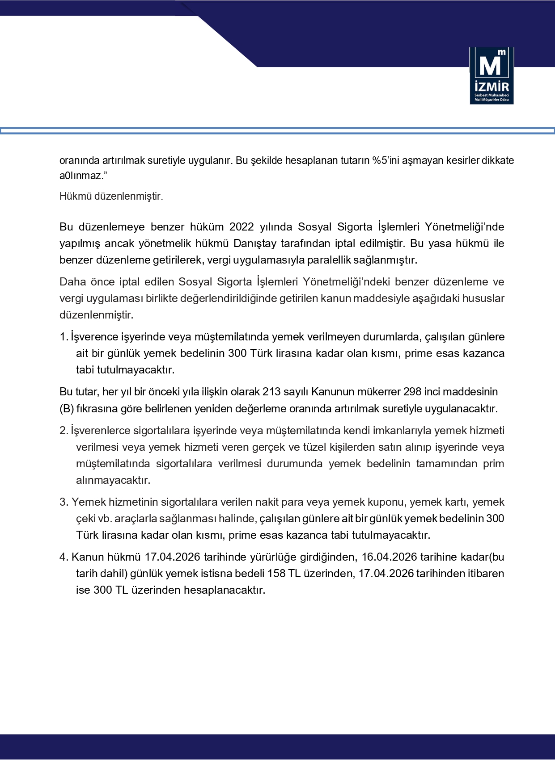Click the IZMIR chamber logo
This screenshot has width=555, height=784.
click(491, 75)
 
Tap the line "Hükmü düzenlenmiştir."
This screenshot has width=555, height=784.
click(111, 196)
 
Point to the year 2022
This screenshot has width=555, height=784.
click(242, 227)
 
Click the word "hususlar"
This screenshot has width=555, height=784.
click(485, 298)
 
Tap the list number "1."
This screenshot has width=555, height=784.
click(64, 337)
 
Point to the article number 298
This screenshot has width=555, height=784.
click(412, 392)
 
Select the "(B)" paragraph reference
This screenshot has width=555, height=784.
click(67, 408)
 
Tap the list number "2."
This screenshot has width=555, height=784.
click(64, 431)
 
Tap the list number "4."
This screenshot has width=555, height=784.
click(64, 557)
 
